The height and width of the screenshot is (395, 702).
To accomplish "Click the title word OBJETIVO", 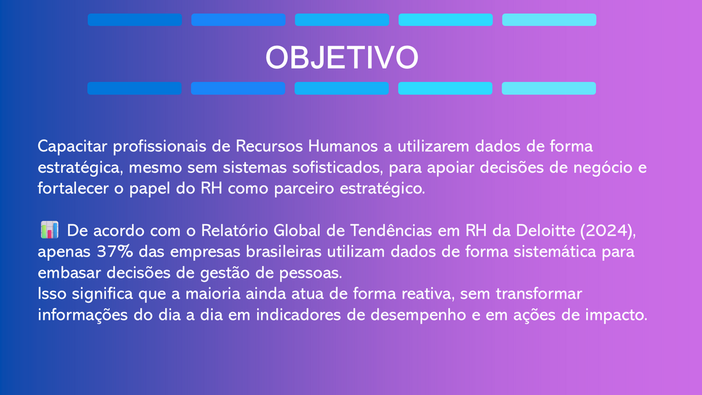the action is point(341,57).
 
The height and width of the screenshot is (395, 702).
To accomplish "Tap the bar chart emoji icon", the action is point(49,230).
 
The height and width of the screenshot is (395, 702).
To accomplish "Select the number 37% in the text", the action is point(115,251).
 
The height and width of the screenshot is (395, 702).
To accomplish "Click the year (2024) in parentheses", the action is point(608,230).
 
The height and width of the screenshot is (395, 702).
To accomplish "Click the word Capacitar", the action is point(73,146).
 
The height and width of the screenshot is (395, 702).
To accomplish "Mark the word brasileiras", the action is point(284,251).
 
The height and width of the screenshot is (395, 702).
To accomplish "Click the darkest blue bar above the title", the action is point(135,20).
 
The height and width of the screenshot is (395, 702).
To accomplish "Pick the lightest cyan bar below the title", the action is point(549,88).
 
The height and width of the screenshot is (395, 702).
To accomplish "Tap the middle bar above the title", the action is point(342,20).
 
